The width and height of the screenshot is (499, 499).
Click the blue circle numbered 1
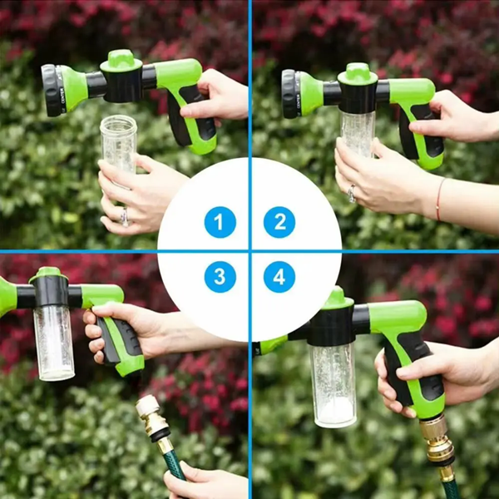coord(220,223)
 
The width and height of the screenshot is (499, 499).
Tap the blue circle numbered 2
coord(279,223)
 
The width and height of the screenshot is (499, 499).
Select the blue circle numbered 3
coord(220,277)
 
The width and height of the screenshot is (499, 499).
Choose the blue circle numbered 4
coord(279,277)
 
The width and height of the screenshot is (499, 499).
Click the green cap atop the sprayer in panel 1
coord(121,60)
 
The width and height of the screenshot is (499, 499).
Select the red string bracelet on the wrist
coord(438,200)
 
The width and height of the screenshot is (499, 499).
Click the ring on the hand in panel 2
coord(351,194)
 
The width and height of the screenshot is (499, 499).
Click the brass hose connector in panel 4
coord(436,441)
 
